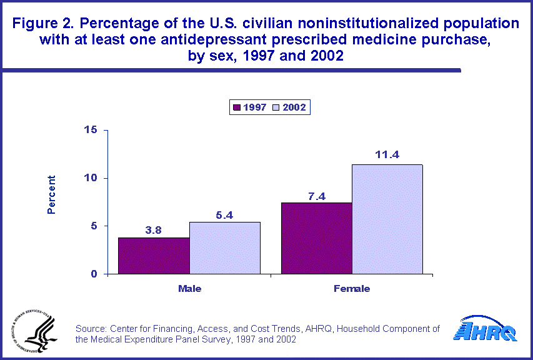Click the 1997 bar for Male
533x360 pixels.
[154, 256]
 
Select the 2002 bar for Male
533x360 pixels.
[225, 248]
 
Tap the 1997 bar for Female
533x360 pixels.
[317, 238]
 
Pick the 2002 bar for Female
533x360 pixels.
[387, 219]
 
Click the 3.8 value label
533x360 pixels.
[154, 229]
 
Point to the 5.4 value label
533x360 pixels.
[225, 214]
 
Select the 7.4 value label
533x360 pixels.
[317, 195]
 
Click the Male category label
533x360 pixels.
[189, 289]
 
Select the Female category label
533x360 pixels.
[352, 289]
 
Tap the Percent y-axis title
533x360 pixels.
[52, 194]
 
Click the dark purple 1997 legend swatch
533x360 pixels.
[237, 107]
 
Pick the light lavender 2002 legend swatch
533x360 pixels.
[275, 107]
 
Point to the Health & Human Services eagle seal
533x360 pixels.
[32, 332]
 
